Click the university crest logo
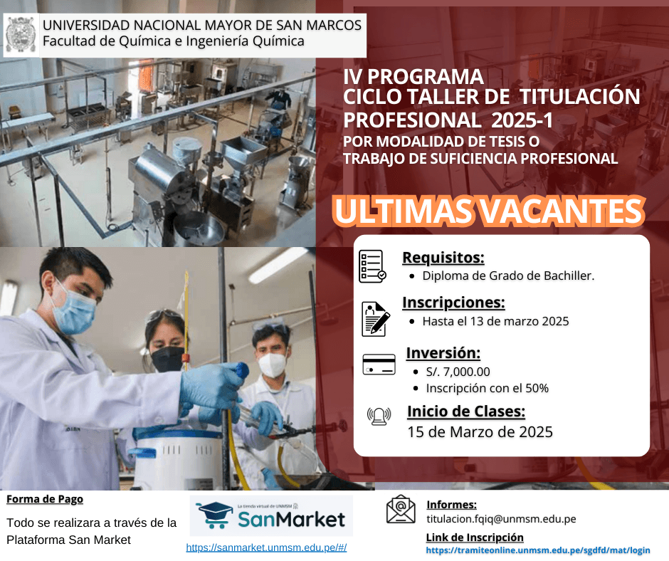[x=21, y=35]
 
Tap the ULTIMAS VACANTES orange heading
[x=488, y=211]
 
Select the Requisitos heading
[x=443, y=258]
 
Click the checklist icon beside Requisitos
[x=372, y=266]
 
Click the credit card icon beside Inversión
[x=379, y=365]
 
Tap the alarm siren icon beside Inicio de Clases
[x=379, y=416]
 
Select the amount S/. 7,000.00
[x=458, y=372]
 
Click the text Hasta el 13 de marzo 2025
[x=495, y=321]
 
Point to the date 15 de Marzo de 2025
[x=480, y=432]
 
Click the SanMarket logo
[x=271, y=515]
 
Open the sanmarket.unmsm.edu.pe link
[x=266, y=547]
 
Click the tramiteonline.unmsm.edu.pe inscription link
[x=538, y=550]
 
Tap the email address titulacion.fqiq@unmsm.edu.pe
[x=501, y=519]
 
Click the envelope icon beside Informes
[x=401, y=509]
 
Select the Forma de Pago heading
[x=45, y=499]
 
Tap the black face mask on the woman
[x=168, y=359]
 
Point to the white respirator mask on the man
[x=272, y=365]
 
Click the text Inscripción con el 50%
[x=488, y=389]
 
